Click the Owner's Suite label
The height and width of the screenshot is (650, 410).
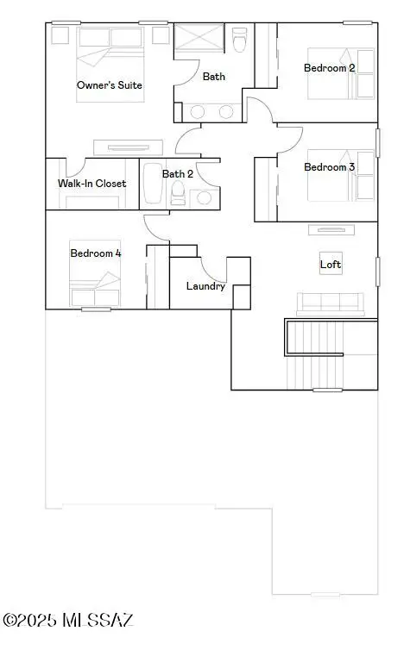coord(110,85)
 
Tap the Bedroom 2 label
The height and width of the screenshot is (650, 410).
coord(330,68)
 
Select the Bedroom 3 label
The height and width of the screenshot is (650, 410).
coord(330,167)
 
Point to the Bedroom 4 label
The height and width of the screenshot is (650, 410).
coord(96,253)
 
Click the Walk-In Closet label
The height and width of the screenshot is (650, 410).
coord(91,184)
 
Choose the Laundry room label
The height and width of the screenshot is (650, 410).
coord(205,286)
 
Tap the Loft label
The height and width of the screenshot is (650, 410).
coord(331,264)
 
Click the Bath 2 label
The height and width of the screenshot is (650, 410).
coord(178,173)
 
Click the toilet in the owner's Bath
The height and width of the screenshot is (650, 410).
coord(238,40)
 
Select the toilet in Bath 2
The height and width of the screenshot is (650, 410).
coord(178,194)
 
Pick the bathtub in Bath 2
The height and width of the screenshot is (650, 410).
coord(153,184)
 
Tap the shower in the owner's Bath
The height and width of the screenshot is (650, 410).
coord(199,37)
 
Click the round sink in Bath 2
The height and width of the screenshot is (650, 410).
coord(205,197)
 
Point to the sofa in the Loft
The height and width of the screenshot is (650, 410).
coord(331,302)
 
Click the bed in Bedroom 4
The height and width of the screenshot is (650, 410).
coord(95,273)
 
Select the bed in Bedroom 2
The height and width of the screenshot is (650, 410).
coord(341,74)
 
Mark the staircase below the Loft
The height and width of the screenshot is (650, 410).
coord(315,354)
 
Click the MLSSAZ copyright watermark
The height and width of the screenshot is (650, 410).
coord(68,621)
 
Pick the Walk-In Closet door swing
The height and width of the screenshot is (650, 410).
coord(75,168)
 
